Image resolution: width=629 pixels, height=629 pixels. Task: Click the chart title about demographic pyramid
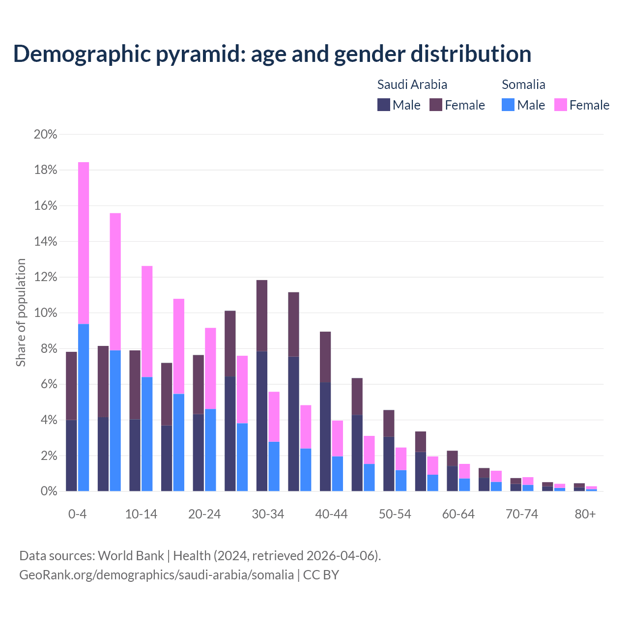pyautogui.click(x=272, y=54)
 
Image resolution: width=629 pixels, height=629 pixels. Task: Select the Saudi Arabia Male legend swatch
pyautogui.click(x=384, y=105)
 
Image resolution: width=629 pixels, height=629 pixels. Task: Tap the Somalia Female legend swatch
pyautogui.click(x=561, y=105)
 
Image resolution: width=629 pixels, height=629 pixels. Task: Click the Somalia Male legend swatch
pyautogui.click(x=508, y=105)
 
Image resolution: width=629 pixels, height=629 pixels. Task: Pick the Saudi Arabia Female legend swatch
pyautogui.click(x=436, y=105)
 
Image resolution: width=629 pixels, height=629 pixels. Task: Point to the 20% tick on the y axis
pyautogui.click(x=45, y=134)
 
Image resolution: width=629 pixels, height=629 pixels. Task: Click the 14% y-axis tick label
pyautogui.click(x=45, y=241)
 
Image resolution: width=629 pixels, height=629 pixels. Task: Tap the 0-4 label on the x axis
pyautogui.click(x=77, y=514)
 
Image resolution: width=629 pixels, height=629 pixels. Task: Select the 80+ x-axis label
pyautogui.click(x=585, y=514)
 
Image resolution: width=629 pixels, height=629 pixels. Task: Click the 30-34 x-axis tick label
pyautogui.click(x=268, y=514)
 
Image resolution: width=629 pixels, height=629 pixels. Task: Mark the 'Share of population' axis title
pyautogui.click(x=21, y=313)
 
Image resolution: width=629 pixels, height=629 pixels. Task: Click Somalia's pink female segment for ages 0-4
pyautogui.click(x=84, y=243)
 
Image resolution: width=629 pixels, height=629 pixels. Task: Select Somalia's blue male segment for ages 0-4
pyautogui.click(x=84, y=407)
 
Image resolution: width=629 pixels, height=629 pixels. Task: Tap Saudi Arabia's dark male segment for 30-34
pyautogui.click(x=262, y=421)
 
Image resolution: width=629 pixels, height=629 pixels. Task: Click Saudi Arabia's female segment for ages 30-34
pyautogui.click(x=262, y=315)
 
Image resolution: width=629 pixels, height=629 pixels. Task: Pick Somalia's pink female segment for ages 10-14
pyautogui.click(x=147, y=321)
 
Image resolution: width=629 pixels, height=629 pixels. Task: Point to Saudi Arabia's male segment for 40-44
pyautogui.click(x=325, y=437)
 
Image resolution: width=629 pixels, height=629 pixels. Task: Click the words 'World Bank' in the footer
pyautogui.click(x=131, y=556)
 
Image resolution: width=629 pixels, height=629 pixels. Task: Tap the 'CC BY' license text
pyautogui.click(x=321, y=575)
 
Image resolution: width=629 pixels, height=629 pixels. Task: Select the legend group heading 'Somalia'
pyautogui.click(x=523, y=85)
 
